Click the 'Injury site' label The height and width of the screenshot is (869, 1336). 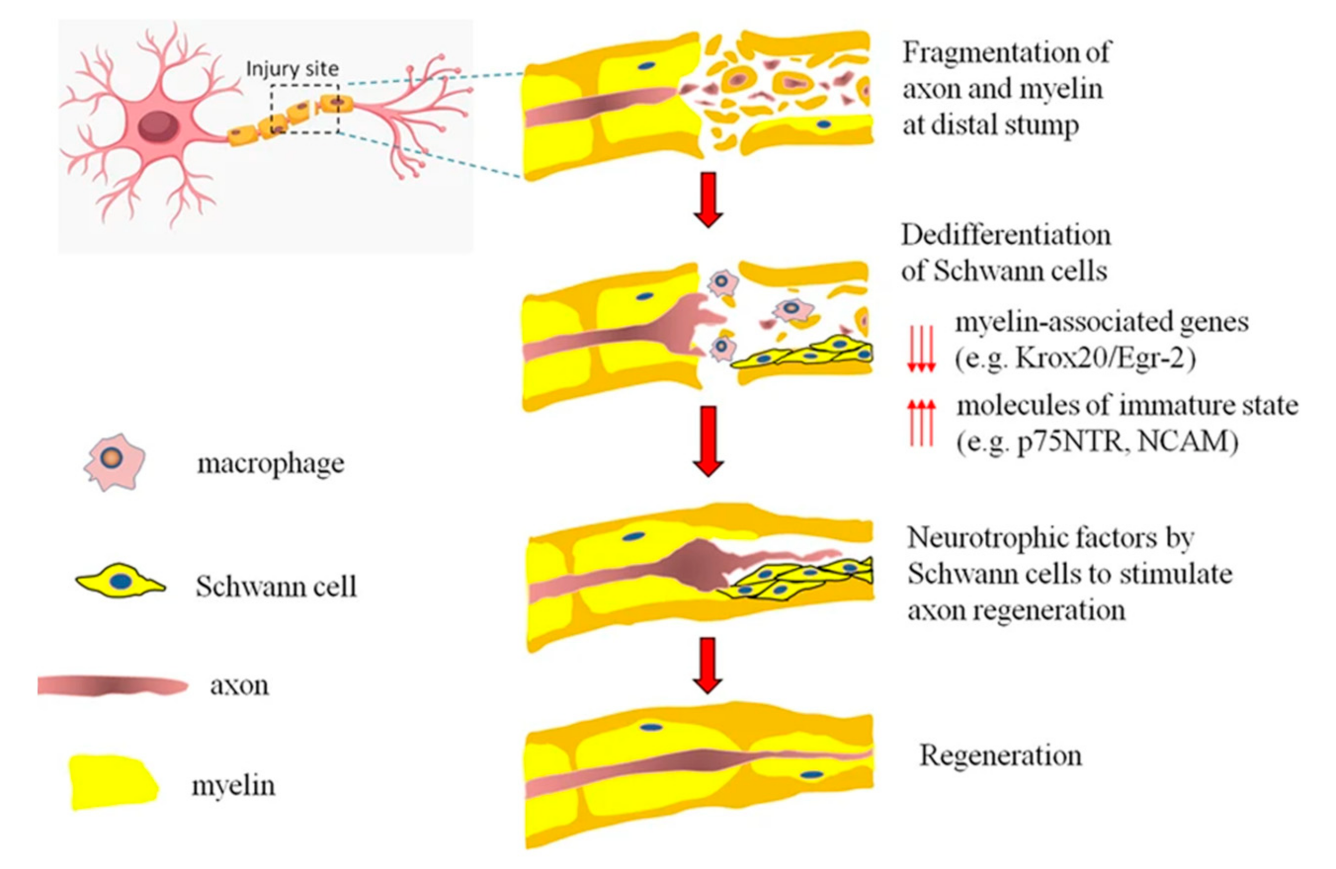point(292,69)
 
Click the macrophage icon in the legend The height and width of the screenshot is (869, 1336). point(115,462)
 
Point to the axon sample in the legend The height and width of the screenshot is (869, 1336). point(112,685)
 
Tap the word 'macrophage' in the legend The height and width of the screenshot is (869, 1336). point(271,464)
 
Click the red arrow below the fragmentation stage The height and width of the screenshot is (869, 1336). point(708,199)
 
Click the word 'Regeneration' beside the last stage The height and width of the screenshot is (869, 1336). point(1000,755)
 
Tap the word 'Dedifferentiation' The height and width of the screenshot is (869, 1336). point(1005,235)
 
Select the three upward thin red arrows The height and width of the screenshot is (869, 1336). point(921,423)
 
